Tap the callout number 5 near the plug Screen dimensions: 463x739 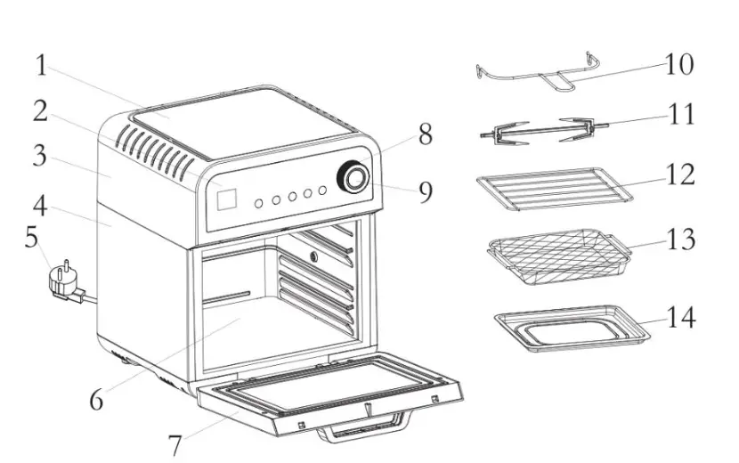click(x=32, y=238)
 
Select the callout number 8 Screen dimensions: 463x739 click(x=425, y=134)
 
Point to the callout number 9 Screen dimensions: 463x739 click(x=426, y=191)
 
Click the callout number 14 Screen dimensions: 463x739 click(x=681, y=318)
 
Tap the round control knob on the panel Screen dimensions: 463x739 click(x=353, y=179)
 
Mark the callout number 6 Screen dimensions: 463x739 click(x=96, y=399)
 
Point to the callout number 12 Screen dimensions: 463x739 click(x=680, y=175)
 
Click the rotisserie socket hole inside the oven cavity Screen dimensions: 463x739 click(x=313, y=257)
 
